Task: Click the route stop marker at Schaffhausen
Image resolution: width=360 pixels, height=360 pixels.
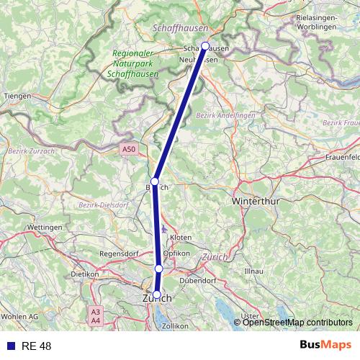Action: [x=205, y=46]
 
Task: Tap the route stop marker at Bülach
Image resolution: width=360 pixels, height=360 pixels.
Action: [x=154, y=181]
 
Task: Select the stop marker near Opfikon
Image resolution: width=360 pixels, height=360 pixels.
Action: [x=159, y=269]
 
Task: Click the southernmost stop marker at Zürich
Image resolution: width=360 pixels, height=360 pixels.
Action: [x=157, y=294]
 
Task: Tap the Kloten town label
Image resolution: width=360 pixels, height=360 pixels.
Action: [x=181, y=237]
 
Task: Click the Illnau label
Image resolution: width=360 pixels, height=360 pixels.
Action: [x=254, y=271]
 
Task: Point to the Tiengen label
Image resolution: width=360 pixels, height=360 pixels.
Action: [x=17, y=96]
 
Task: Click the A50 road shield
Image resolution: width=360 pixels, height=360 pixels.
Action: [x=128, y=149]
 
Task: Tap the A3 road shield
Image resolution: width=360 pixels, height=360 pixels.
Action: [x=96, y=311]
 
